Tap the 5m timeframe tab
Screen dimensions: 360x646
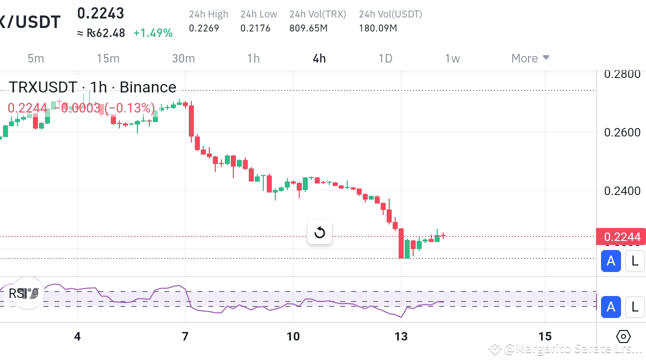pyautogui.click(x=35, y=58)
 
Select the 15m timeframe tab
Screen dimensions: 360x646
pyautogui.click(x=108, y=58)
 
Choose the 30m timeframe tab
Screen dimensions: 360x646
pyautogui.click(x=183, y=58)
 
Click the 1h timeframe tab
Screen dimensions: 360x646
pyautogui.click(x=253, y=58)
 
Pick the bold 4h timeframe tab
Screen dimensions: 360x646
pyautogui.click(x=319, y=58)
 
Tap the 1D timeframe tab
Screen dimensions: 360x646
pyautogui.click(x=385, y=58)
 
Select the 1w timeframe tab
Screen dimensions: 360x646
pyautogui.click(x=452, y=58)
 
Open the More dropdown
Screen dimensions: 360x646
pyautogui.click(x=530, y=58)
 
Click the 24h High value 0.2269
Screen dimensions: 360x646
pyautogui.click(x=204, y=28)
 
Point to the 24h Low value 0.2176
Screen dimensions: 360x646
pyautogui.click(x=255, y=28)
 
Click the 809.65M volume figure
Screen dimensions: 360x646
pyautogui.click(x=308, y=28)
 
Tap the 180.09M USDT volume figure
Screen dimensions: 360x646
pyautogui.click(x=378, y=28)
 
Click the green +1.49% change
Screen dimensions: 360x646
pyautogui.click(x=153, y=33)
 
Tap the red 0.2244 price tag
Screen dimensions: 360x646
pyautogui.click(x=621, y=236)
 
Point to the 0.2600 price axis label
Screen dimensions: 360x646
pyautogui.click(x=622, y=132)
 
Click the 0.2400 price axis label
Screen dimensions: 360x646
pyautogui.click(x=622, y=190)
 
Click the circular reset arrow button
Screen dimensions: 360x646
pyautogui.click(x=320, y=232)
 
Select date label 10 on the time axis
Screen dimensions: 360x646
pyautogui.click(x=293, y=336)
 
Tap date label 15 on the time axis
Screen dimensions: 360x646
pyautogui.click(x=545, y=336)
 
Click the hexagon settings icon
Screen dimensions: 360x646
pyautogui.click(x=624, y=336)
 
